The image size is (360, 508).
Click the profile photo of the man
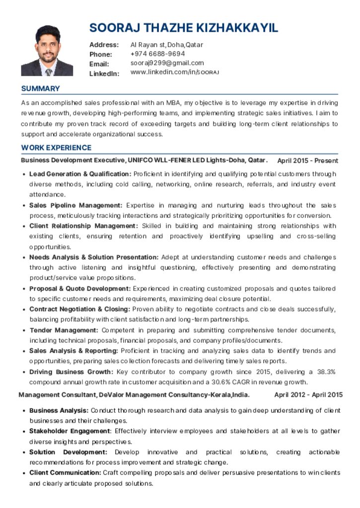[x=47, y=51]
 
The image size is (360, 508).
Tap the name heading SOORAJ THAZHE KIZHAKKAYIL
[x=184, y=28]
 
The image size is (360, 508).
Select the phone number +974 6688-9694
[x=158, y=54]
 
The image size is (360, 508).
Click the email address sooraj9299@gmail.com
[x=167, y=63]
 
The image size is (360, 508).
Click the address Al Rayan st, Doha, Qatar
[x=167, y=45]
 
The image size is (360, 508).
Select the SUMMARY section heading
[x=40, y=89]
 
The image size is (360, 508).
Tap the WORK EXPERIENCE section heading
[x=56, y=148]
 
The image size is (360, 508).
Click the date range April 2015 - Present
[x=307, y=161]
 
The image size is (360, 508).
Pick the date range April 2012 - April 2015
[x=308, y=395]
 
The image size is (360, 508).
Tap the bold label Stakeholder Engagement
[x=69, y=431]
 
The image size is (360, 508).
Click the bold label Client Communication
[x=65, y=473]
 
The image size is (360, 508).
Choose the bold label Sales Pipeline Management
[x=75, y=205]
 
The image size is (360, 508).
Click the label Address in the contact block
[x=104, y=45]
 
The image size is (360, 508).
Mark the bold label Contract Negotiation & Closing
[x=79, y=310]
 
